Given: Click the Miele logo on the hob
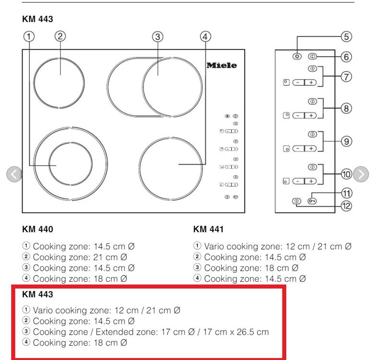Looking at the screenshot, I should point(222,66).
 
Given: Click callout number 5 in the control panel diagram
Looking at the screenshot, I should point(346,36).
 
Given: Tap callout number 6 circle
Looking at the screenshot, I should point(346,57).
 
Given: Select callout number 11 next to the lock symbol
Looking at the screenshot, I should point(346,193).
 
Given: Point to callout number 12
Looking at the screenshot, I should point(346,206).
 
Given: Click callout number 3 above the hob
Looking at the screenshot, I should point(157,36).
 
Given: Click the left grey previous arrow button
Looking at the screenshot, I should point(14,174).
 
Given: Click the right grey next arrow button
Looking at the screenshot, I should point(361,174).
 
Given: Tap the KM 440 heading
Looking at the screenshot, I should point(37,229).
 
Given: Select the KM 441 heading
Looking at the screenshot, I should point(208,229).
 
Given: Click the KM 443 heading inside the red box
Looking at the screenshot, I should point(37,294).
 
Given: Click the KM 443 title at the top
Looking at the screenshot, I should point(37,19).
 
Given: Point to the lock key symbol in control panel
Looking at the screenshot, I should point(312,202).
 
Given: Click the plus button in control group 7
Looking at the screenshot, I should point(311,83).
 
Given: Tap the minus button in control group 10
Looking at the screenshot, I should point(298,181).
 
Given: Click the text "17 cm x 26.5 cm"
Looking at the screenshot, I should point(239,332).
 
